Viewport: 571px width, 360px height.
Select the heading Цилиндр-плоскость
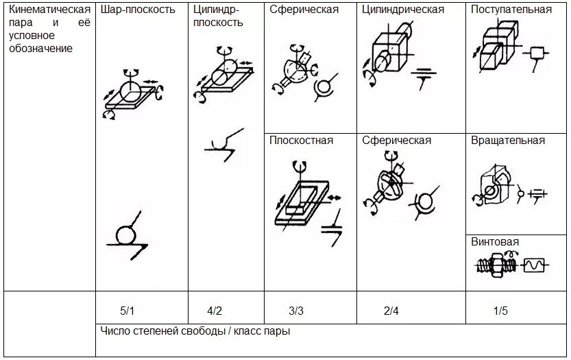218,16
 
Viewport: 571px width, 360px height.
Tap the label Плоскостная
301,141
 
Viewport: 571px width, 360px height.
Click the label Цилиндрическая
403,10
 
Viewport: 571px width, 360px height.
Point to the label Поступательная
511,10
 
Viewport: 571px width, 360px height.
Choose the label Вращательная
508,141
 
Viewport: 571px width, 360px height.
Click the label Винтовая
495,242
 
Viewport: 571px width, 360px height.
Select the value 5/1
127,311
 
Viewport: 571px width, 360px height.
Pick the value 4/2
215,311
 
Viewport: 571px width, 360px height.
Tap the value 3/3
295,311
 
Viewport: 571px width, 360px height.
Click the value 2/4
391,311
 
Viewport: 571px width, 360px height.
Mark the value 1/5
500,311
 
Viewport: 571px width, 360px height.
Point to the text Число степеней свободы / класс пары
195,332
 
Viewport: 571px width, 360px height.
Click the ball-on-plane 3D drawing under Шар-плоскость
131,93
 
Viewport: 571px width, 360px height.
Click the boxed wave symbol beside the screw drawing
533,264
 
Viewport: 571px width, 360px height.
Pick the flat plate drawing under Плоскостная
302,199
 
